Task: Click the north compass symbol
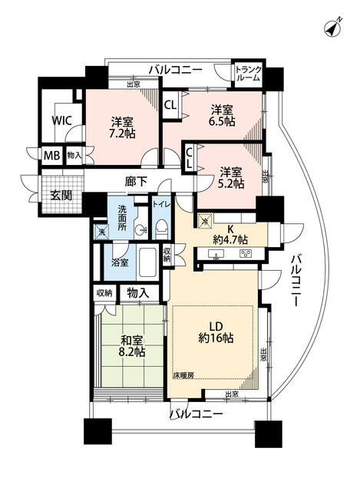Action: pyautogui.click(x=332, y=28)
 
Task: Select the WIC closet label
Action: pyautogui.click(x=61, y=120)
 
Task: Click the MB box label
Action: pyautogui.click(x=51, y=155)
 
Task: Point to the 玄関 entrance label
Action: pyautogui.click(x=61, y=196)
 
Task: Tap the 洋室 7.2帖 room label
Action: pyautogui.click(x=123, y=128)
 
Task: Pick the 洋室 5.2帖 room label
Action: pyautogui.click(x=229, y=177)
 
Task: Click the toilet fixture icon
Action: pyautogui.click(x=162, y=228)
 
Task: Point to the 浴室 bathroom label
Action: pyautogui.click(x=121, y=262)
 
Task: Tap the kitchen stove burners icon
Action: pyautogui.click(x=246, y=254)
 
